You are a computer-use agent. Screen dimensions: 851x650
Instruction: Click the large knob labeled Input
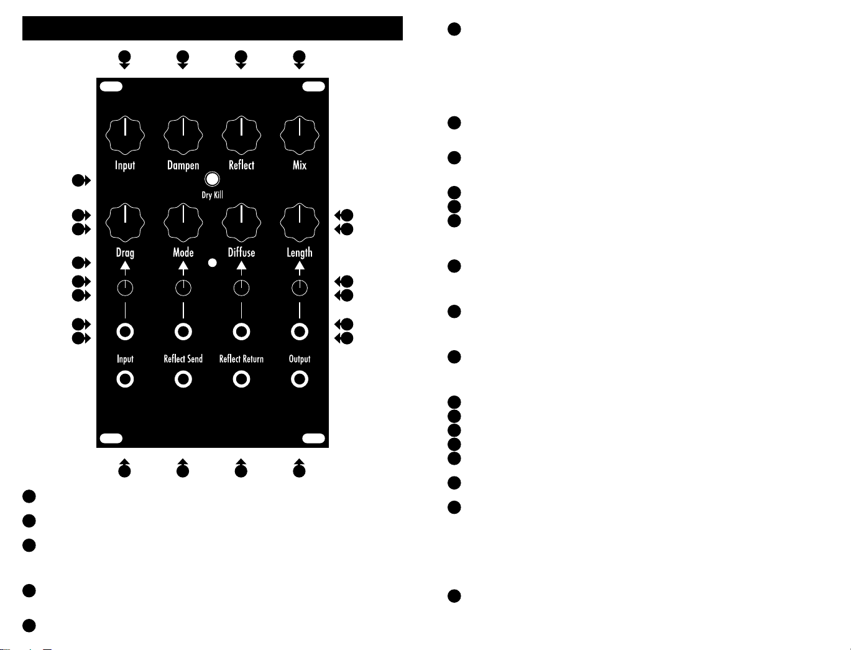pyautogui.click(x=125, y=135)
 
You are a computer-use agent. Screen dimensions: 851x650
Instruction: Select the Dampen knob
pyautogui.click(x=183, y=135)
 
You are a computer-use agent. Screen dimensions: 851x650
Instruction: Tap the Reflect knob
pyautogui.click(x=241, y=135)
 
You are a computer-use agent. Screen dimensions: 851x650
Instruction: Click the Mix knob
pyautogui.click(x=299, y=135)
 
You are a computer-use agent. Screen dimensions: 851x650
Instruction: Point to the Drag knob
pyautogui.click(x=125, y=223)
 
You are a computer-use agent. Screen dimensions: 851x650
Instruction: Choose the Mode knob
pyautogui.click(x=183, y=223)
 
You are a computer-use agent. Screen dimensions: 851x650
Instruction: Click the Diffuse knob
pyautogui.click(x=241, y=223)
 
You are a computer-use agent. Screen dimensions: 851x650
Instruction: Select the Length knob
pyautogui.click(x=299, y=223)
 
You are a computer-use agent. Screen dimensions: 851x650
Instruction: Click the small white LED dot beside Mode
pyautogui.click(x=212, y=262)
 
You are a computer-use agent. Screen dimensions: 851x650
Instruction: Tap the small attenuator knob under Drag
pyautogui.click(x=125, y=288)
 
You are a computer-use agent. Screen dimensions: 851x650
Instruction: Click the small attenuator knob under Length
pyautogui.click(x=299, y=288)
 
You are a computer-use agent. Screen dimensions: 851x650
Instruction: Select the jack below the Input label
pyautogui.click(x=125, y=379)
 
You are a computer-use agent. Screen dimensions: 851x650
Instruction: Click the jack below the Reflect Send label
pyautogui.click(x=183, y=379)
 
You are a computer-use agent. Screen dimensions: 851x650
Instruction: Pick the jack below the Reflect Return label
pyautogui.click(x=241, y=379)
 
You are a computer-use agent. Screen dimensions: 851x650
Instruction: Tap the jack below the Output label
pyautogui.click(x=299, y=379)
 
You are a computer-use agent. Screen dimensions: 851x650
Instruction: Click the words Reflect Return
pyautogui.click(x=241, y=359)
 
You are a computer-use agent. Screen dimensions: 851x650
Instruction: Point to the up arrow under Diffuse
pyautogui.click(x=241, y=268)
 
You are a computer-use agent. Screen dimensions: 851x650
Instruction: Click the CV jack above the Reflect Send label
pyautogui.click(x=183, y=332)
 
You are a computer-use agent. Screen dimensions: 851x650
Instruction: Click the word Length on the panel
pyautogui.click(x=299, y=253)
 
